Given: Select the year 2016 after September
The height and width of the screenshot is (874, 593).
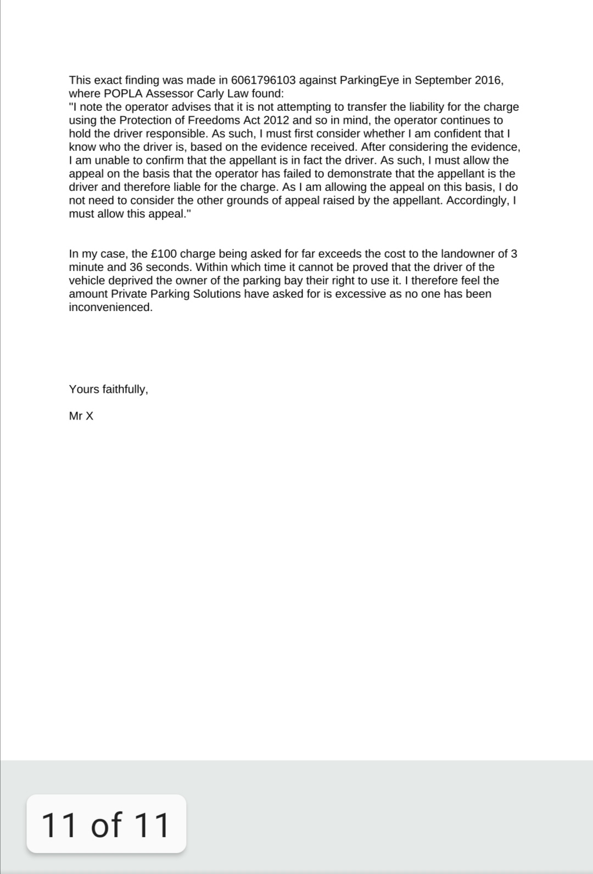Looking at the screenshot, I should pos(487,81).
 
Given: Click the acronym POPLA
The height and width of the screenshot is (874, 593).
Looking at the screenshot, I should pos(123,94).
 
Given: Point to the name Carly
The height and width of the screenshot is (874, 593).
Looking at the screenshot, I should pos(210,94).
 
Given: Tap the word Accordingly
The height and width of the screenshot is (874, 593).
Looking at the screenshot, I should pos(478,200).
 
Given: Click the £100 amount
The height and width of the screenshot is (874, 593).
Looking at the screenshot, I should pos(163,254).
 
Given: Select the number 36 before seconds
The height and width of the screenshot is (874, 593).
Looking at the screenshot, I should pos(136,268).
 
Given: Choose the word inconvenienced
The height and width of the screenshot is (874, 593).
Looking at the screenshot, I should pos(110,307).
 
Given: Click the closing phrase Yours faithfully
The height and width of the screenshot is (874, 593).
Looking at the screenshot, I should pos(108,390).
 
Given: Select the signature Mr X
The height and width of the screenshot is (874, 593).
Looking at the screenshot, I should pos(81,416).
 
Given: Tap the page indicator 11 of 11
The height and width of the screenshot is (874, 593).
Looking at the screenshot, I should pos(106,825).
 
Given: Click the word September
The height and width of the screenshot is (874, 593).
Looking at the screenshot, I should pos(443,81).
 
